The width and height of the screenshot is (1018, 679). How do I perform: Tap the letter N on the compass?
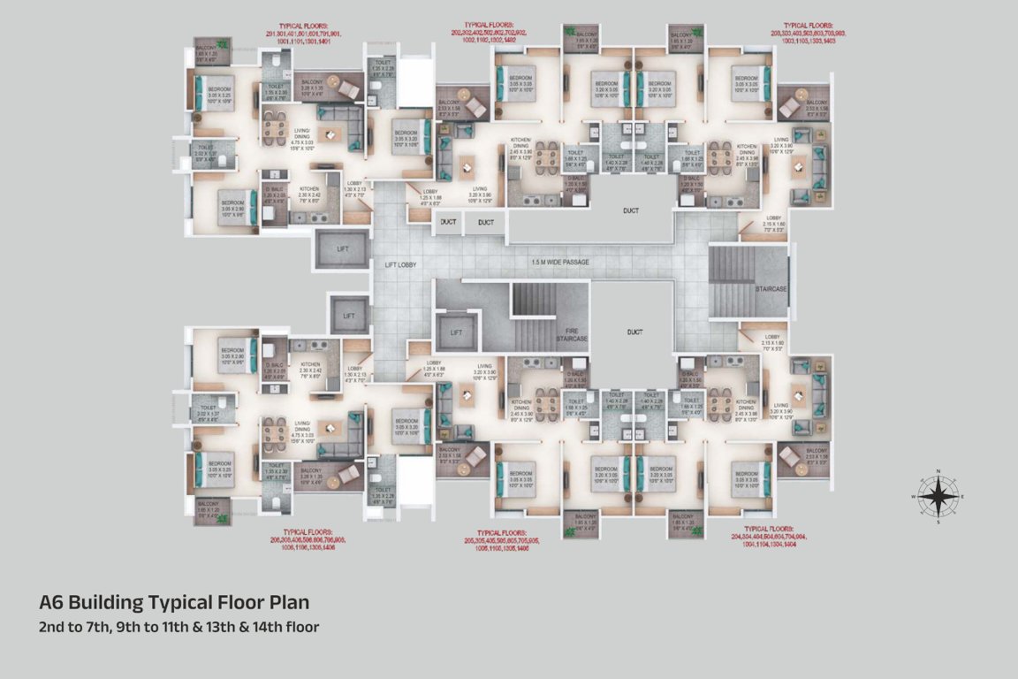(938, 470)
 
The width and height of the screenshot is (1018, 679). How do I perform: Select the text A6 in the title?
(51, 603)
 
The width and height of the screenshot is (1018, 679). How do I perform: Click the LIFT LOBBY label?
(400, 263)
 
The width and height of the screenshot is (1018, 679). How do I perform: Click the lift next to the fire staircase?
(456, 332)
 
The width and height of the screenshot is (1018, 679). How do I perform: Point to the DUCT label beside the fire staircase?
(634, 332)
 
